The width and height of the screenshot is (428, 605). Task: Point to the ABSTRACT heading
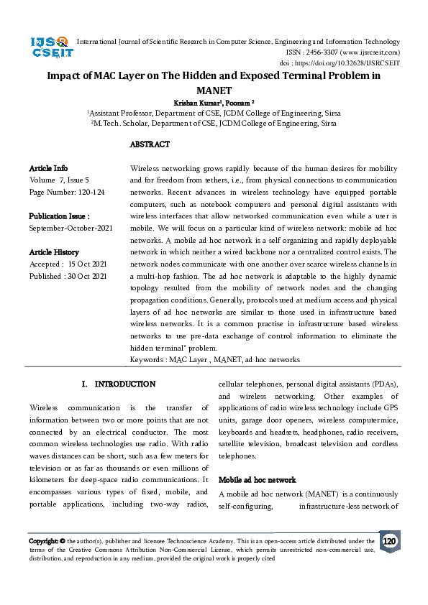(150, 144)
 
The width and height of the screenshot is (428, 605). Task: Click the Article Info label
(50, 167)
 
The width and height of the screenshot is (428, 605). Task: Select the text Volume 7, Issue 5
(59, 179)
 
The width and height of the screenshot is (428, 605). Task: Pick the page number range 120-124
(88, 192)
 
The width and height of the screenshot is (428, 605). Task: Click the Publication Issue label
(59, 216)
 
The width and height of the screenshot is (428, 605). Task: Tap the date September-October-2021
(70, 228)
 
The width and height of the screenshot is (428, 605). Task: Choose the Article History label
(54, 252)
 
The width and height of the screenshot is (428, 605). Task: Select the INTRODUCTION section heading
(124, 385)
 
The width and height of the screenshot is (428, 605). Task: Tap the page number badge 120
(389, 541)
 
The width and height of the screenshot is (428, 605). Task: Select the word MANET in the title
(214, 91)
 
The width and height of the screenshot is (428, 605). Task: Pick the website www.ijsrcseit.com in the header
(370, 52)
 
